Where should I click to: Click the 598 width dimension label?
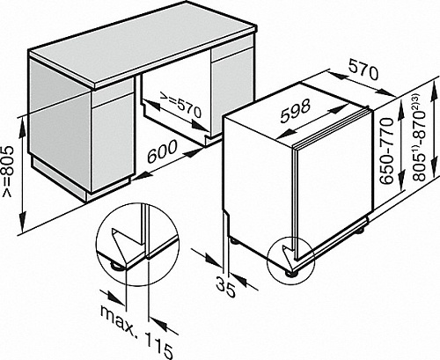[x=295, y=111]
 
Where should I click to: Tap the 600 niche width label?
[x=162, y=151]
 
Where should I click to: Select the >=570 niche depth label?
[x=180, y=105]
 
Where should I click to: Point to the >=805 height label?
[x=8, y=172]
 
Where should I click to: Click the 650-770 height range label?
[x=385, y=151]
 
